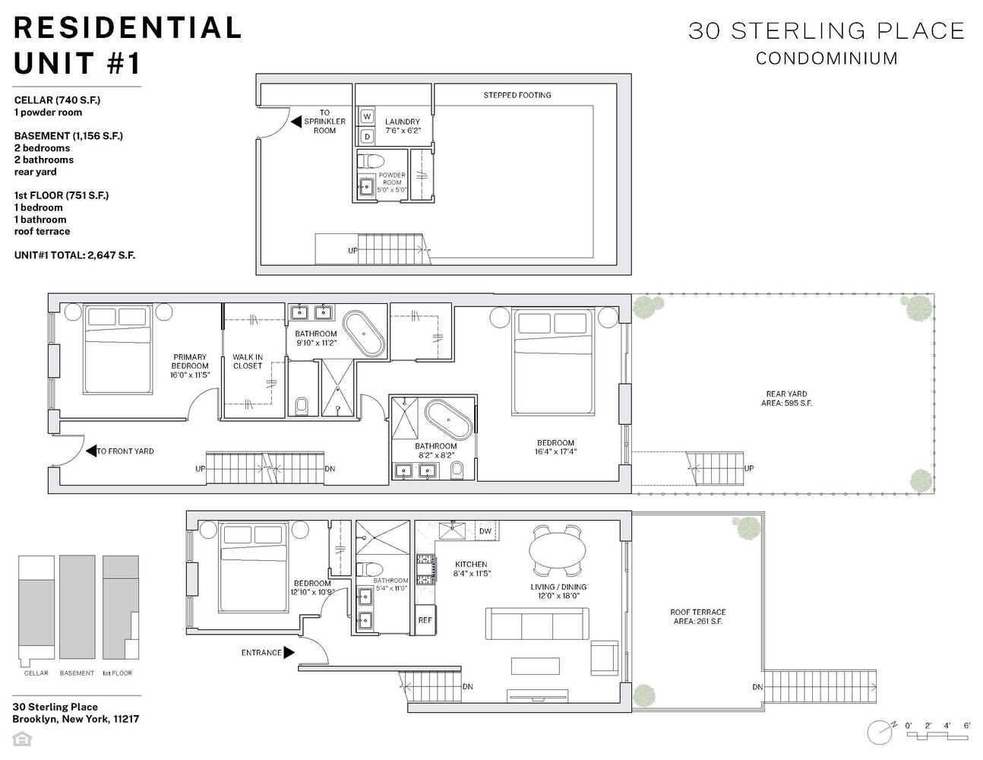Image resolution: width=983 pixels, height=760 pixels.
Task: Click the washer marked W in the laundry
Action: (367, 116)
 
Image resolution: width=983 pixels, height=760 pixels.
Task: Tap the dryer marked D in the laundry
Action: (367, 136)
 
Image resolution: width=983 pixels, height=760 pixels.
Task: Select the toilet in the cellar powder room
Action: (371, 161)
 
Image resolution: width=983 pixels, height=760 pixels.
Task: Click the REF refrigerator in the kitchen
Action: (425, 620)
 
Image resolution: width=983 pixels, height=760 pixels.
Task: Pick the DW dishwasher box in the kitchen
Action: (485, 531)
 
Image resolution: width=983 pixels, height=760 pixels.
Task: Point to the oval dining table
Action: (558, 550)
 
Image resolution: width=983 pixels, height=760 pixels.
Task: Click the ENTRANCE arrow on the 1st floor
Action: (289, 652)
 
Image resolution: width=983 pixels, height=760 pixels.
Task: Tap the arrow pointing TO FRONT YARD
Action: (91, 451)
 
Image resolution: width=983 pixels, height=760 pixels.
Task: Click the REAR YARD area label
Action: (786, 398)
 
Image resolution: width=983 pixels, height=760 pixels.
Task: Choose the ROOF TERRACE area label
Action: (697, 616)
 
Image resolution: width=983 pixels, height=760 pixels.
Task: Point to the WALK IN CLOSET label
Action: (248, 362)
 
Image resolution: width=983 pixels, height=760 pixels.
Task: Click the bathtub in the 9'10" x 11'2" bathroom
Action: (364, 334)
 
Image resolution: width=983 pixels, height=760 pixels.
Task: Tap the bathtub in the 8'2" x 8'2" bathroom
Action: (448, 420)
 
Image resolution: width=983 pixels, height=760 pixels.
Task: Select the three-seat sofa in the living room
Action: (537, 623)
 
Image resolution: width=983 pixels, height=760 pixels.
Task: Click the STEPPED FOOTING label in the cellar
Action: (517, 95)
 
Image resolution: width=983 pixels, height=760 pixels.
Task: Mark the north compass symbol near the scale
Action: (880, 732)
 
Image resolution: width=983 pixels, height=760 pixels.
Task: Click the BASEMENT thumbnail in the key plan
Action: (77, 607)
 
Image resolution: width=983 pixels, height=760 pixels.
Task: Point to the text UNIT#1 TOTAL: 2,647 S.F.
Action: (74, 255)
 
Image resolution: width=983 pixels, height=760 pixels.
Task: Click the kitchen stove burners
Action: (425, 570)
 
